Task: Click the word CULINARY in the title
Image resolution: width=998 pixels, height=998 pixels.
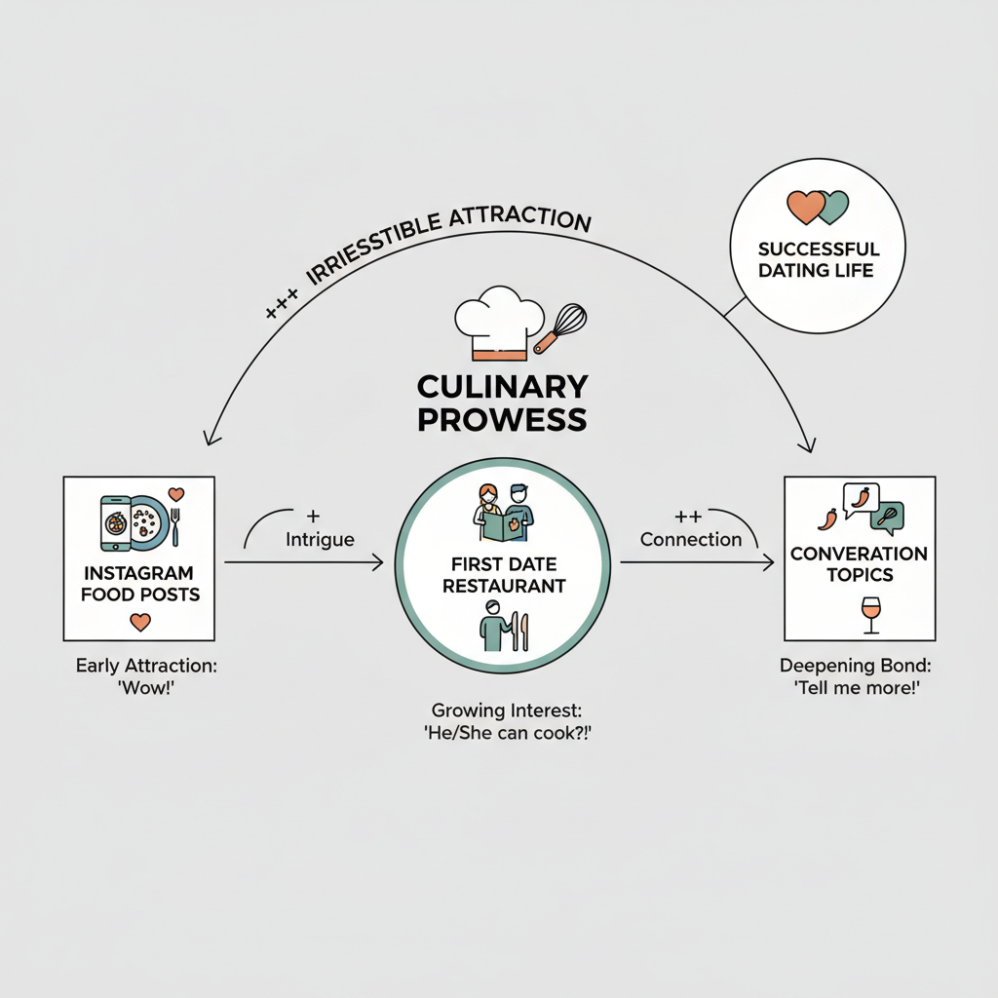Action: (x=502, y=387)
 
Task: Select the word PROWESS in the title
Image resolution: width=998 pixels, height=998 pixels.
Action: (x=502, y=420)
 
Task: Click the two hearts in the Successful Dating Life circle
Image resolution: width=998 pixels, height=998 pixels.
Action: (x=818, y=208)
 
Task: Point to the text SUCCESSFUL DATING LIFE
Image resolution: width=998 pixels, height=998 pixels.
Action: (x=819, y=259)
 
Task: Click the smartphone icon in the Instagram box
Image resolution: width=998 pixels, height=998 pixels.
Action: (x=114, y=522)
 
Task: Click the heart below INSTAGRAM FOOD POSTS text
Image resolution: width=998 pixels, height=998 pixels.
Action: (x=139, y=621)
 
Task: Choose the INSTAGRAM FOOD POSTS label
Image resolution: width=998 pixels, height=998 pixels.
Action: (x=138, y=583)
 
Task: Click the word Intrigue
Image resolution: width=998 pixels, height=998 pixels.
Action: (x=320, y=538)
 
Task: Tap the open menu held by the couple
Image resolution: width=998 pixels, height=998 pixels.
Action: (x=503, y=525)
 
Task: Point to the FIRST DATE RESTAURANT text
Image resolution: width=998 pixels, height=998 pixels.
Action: (x=503, y=575)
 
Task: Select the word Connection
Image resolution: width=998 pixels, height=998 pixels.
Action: (x=691, y=540)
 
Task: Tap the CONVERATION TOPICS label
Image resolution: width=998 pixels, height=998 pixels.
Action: (x=859, y=564)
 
